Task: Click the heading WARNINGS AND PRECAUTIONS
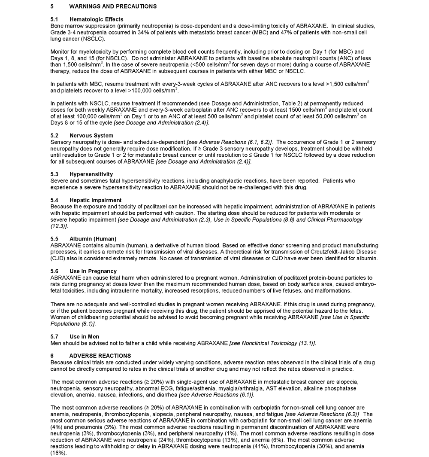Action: coord(113,6)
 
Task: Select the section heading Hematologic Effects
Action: coord(96,19)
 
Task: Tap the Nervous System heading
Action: coord(91,136)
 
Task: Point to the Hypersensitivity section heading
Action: coord(91,174)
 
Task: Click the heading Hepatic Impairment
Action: coord(95,200)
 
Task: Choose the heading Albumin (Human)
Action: coord(93,239)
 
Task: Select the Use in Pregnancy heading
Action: coord(93,271)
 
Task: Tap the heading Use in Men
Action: coord(84,337)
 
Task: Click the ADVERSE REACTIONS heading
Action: coord(100,356)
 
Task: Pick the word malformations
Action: coord(333,291)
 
